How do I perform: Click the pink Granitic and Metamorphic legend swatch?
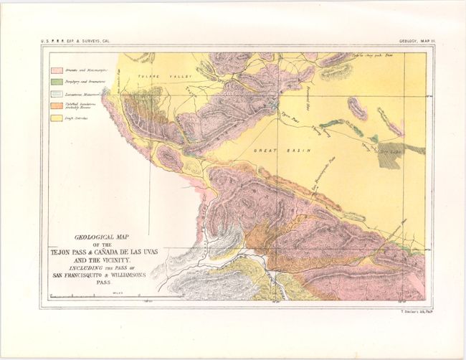[x=56, y=71]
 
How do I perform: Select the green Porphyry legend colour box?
[x=56, y=82]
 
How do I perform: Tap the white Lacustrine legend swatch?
[x=56, y=94]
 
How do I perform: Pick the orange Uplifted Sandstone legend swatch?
[x=56, y=105]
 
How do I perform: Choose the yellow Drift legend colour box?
[x=56, y=117]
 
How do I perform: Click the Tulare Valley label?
[x=163, y=75]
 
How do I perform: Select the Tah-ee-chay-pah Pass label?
[x=371, y=55]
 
